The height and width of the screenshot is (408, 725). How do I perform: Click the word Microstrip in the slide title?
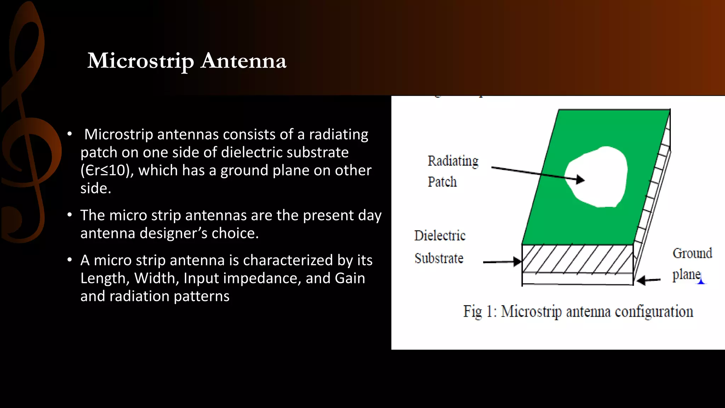click(141, 61)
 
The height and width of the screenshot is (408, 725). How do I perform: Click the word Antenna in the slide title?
click(244, 61)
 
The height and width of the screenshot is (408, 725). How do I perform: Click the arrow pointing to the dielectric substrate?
click(503, 262)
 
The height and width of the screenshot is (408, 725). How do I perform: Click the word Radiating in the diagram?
click(453, 161)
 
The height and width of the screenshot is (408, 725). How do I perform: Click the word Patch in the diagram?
click(442, 182)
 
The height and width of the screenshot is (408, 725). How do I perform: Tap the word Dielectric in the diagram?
click(440, 236)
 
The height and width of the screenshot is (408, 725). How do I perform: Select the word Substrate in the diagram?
click(439, 259)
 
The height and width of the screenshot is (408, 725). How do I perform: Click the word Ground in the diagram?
click(692, 254)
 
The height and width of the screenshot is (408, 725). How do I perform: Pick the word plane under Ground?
click(686, 274)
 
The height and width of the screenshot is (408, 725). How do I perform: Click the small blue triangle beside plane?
click(701, 282)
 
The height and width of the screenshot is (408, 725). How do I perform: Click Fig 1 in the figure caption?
click(479, 312)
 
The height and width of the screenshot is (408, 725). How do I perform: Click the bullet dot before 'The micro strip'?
click(70, 215)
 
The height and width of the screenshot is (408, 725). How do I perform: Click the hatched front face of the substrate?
click(577, 259)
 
